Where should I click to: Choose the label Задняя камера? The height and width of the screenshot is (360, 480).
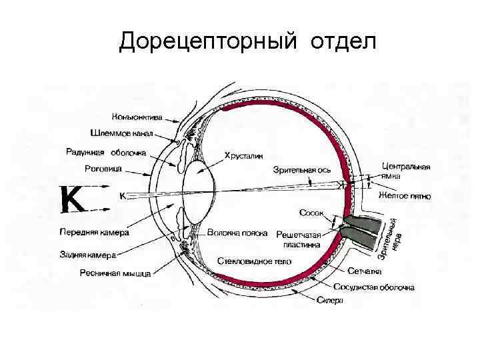[x=87, y=255]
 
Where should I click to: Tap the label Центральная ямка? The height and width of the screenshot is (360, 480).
[x=406, y=171]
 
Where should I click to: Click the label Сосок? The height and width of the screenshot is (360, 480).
[x=311, y=213]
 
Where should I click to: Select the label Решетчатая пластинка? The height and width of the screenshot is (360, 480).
[x=298, y=240]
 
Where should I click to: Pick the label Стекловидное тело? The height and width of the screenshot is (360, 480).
[x=250, y=260]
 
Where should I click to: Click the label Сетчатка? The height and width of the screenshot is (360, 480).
[x=364, y=271]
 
